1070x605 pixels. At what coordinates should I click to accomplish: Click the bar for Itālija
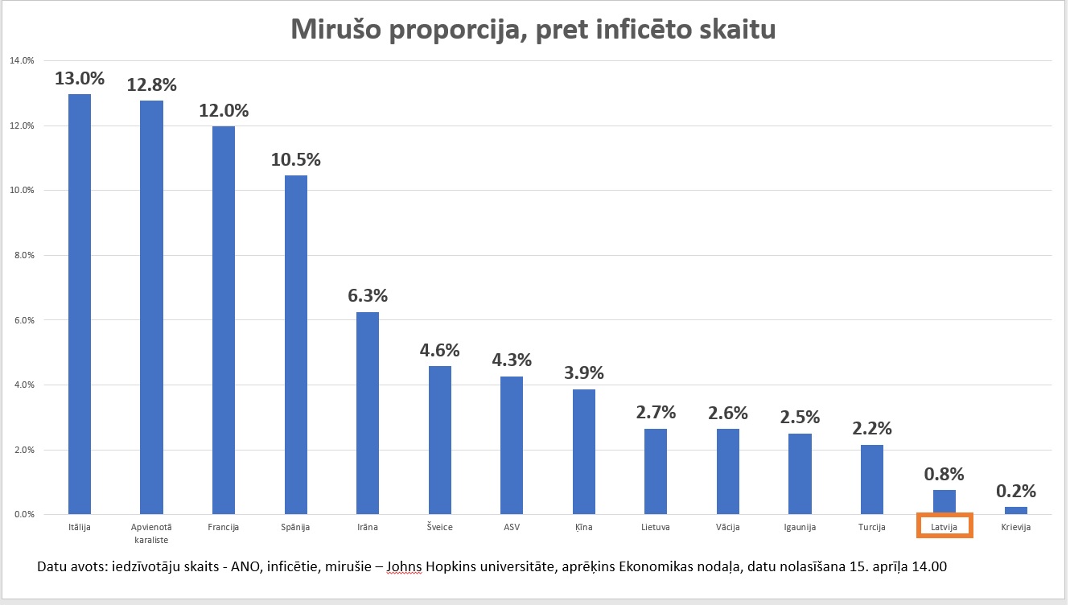point(79,304)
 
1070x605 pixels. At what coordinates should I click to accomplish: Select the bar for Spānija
point(295,344)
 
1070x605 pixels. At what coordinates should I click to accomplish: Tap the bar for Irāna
point(368,413)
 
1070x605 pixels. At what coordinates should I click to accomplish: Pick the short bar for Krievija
point(1016,510)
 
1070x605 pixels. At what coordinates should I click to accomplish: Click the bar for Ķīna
point(583,451)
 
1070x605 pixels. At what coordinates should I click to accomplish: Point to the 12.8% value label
point(151,84)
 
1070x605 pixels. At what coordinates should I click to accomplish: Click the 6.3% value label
point(368,295)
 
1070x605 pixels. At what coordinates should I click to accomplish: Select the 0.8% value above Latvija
point(944,474)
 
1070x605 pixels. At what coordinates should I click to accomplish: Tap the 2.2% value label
point(872,429)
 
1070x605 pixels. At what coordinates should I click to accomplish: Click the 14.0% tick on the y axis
point(22,60)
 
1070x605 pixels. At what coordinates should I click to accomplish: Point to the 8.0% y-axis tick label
point(22,255)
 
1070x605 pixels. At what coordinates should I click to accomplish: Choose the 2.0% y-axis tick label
point(22,450)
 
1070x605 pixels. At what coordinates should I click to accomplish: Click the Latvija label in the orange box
point(944,527)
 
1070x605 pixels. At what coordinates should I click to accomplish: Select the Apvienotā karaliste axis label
point(151,533)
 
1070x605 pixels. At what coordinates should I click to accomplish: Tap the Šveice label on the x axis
point(439,527)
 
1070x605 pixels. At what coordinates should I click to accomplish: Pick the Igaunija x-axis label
point(800,527)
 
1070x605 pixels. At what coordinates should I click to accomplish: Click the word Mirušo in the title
point(337,30)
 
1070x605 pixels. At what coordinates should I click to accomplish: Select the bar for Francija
point(223,320)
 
